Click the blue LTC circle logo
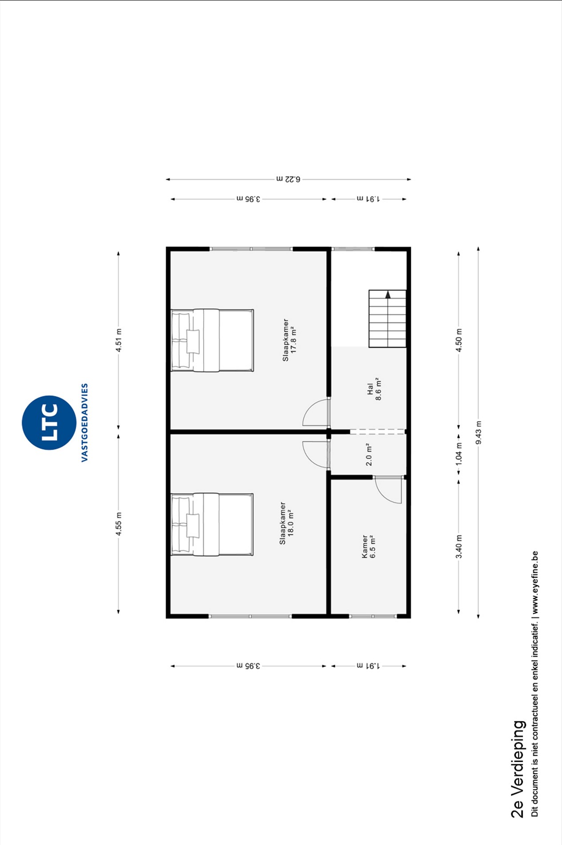49,422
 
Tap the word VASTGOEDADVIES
84,422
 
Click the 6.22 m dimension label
288,179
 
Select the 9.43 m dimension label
478,433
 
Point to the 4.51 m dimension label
119,340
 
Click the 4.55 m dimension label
119,524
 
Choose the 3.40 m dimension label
459,547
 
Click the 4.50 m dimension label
459,340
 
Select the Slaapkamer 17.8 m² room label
289,340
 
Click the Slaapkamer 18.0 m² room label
286,523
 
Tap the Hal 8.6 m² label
374,389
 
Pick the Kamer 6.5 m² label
369,547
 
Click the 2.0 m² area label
369,454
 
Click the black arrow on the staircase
388,294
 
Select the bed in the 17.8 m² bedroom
212,340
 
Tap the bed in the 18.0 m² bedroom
212,524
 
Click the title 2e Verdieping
518,769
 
